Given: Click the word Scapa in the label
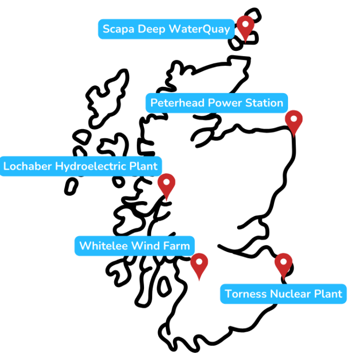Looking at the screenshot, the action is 118,29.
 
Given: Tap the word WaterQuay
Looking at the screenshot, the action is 200,29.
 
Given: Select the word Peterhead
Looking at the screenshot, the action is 177,103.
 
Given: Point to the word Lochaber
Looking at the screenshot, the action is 28,166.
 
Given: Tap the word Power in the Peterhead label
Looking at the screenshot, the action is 225,103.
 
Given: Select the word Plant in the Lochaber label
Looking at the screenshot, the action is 143,166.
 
